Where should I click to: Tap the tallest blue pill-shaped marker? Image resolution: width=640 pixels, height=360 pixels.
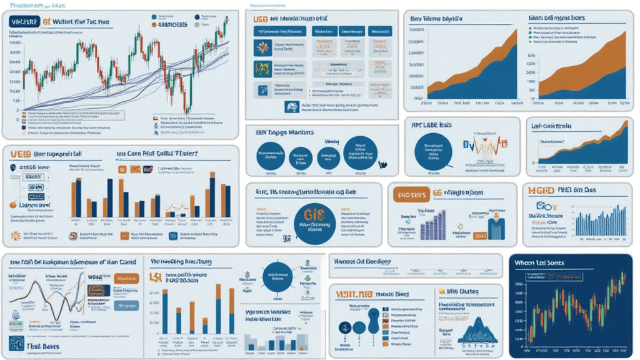[374, 321]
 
